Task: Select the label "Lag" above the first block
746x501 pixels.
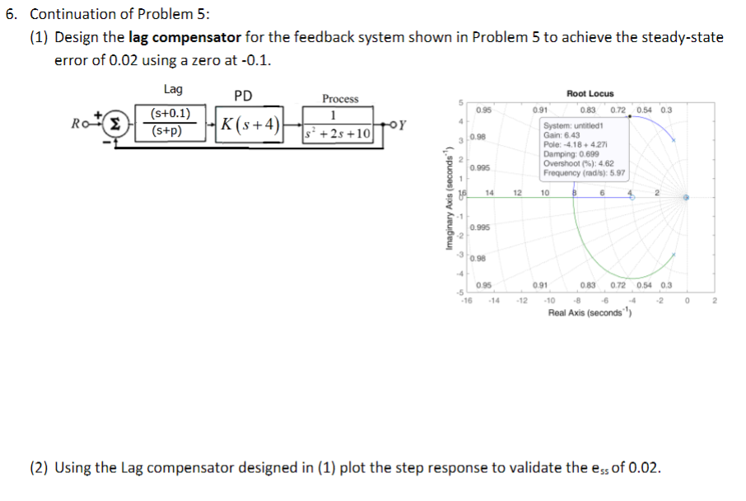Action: coord(173,90)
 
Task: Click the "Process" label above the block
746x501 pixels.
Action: coord(340,99)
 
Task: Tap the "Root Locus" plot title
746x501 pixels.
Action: coord(590,94)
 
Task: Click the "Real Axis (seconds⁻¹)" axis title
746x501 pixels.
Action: coord(590,314)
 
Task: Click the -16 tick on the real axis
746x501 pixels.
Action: coord(466,300)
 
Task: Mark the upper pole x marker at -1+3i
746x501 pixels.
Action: coord(673,140)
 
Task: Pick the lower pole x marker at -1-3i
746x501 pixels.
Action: coord(673,255)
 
